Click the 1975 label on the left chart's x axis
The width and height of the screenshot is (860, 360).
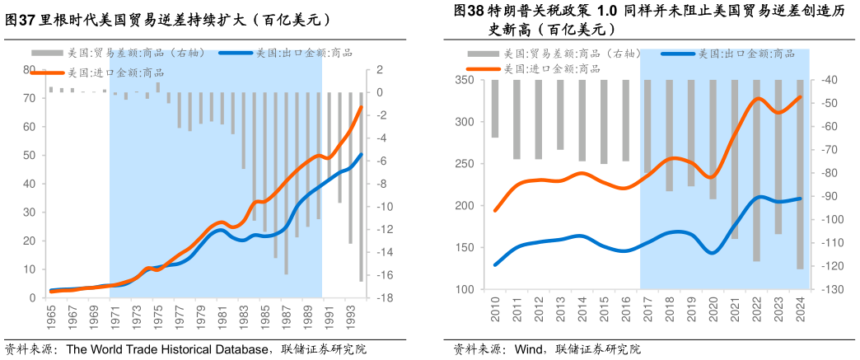pyautogui.click(x=157, y=315)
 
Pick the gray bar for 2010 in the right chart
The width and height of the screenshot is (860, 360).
pyautogui.click(x=494, y=109)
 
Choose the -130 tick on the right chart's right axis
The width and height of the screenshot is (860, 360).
pyautogui.click(x=826, y=290)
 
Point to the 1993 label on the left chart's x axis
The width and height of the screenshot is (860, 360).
pyautogui.click(x=350, y=315)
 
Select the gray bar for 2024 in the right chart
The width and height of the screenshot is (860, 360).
pyautogui.click(x=799, y=175)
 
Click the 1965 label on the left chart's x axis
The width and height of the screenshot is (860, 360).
pyautogui.click(x=50, y=315)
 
